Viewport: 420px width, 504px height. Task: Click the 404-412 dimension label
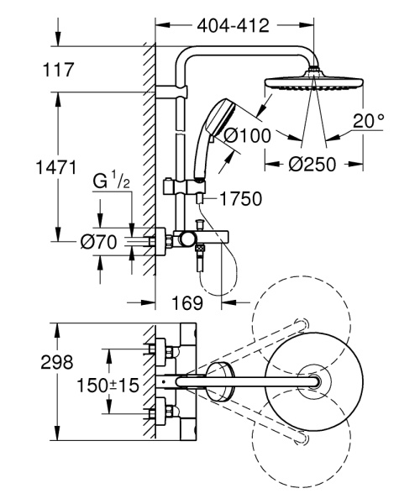234,26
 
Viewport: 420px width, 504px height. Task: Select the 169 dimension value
192,300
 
